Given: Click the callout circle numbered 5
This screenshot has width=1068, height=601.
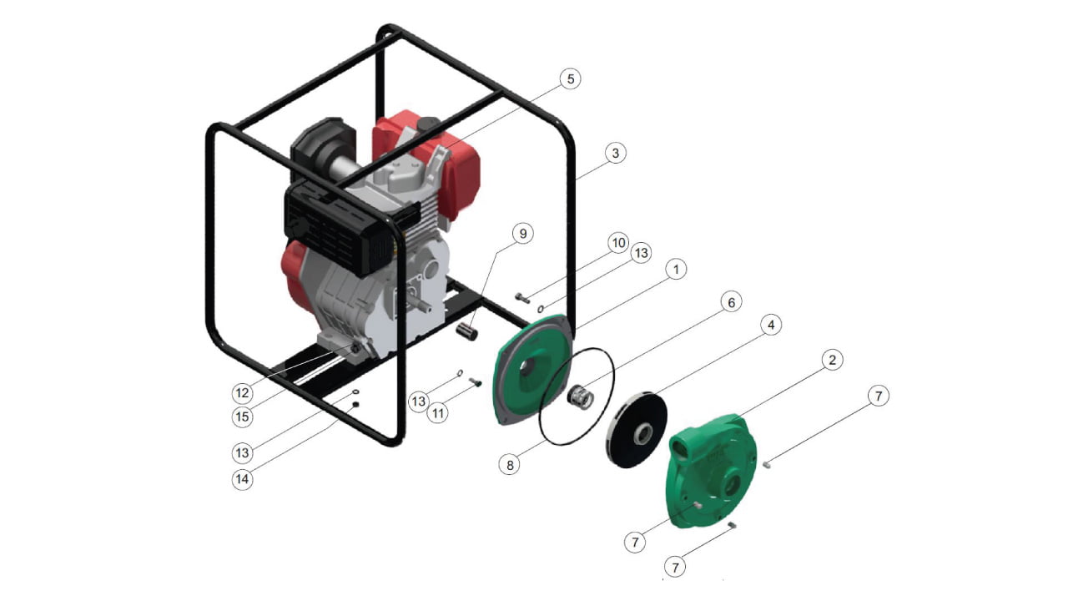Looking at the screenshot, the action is coord(570,78).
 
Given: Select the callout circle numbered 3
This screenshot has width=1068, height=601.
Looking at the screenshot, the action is coord(615,153).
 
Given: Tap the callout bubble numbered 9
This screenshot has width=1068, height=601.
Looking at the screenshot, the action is coord(523,234).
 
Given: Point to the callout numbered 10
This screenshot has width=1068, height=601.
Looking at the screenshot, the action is coord(618,243).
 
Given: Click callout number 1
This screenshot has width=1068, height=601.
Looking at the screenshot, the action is coord(675,270).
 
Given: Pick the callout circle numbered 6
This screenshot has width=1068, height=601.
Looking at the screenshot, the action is coord(731,302).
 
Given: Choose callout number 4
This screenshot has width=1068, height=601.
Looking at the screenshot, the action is coord(770,325).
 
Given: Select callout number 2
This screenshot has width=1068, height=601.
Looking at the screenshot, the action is coord(832,360).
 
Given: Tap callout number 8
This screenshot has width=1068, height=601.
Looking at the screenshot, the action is coord(510,465).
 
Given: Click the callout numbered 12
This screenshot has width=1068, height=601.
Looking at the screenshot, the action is coord(242,393).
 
